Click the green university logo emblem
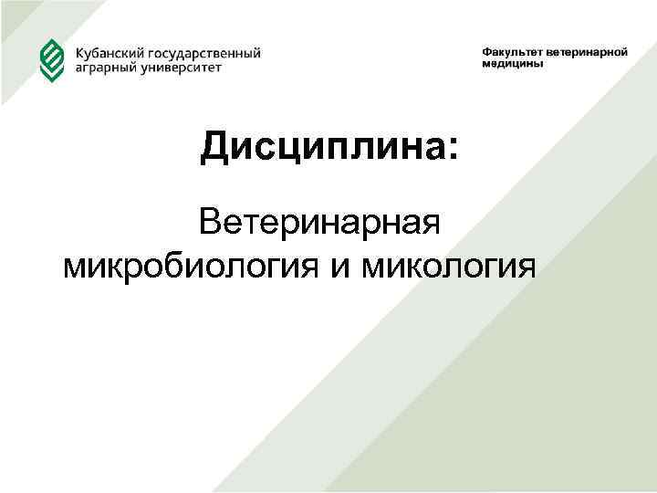click(51, 59)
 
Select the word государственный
click(203, 54)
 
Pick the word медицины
click(513, 65)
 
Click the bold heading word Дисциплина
click(319, 146)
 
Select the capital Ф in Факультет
click(486, 52)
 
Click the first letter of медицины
click(486, 65)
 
